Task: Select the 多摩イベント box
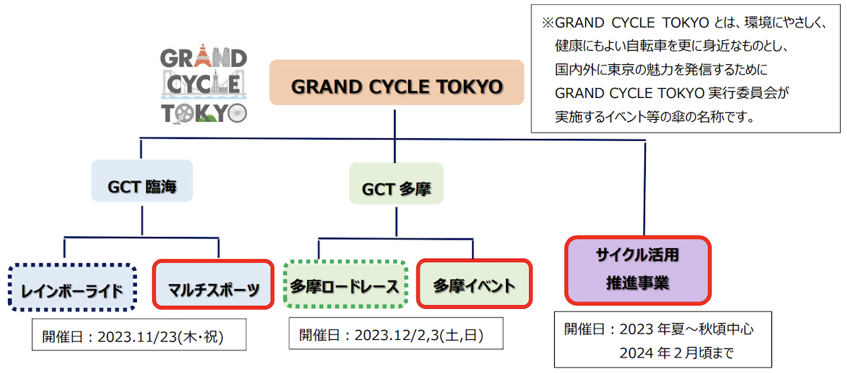click(474, 284)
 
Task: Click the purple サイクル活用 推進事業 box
click(637, 269)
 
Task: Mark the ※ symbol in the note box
click(548, 23)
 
